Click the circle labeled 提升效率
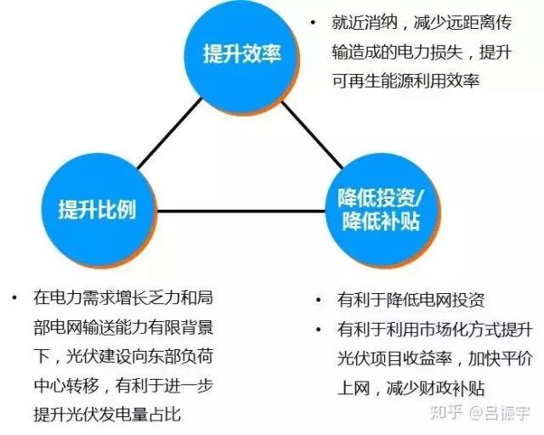(241, 55)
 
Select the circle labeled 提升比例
(99, 210)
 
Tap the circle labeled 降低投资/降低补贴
(382, 211)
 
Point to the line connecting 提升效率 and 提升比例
(170, 134)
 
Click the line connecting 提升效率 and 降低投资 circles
(312, 134)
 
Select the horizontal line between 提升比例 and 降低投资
(241, 211)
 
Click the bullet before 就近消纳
(314, 23)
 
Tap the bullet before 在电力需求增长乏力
(14, 297)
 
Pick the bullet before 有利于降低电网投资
(319, 300)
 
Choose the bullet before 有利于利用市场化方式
(319, 330)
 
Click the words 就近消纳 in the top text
(364, 23)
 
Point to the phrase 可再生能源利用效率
(406, 81)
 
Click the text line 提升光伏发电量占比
(107, 415)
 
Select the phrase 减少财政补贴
(436, 388)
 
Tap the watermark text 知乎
(446, 412)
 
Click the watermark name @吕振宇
(500, 413)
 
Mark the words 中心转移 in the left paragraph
(66, 385)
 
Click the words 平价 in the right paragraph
(517, 359)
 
